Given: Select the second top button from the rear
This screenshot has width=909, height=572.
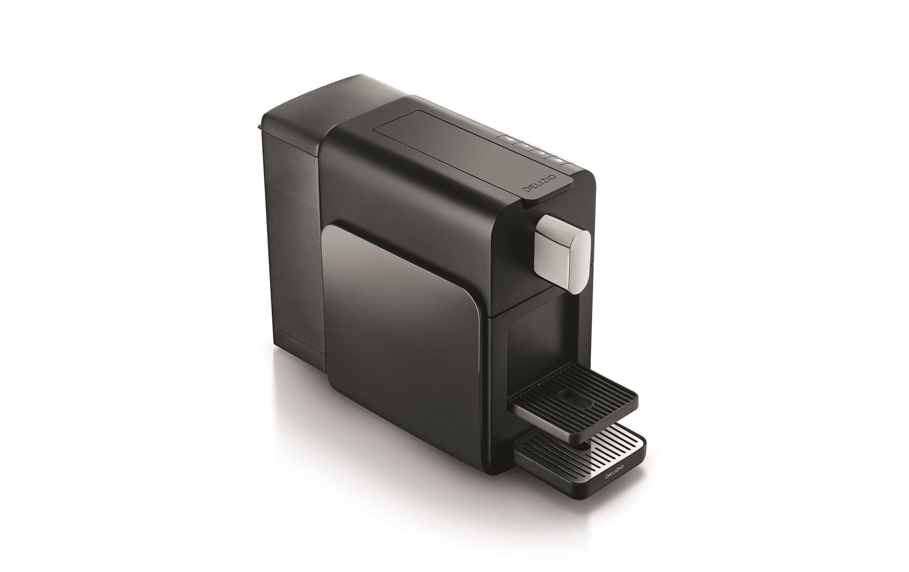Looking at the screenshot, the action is point(526,146).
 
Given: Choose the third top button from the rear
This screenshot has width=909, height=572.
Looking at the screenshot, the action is point(541,153).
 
